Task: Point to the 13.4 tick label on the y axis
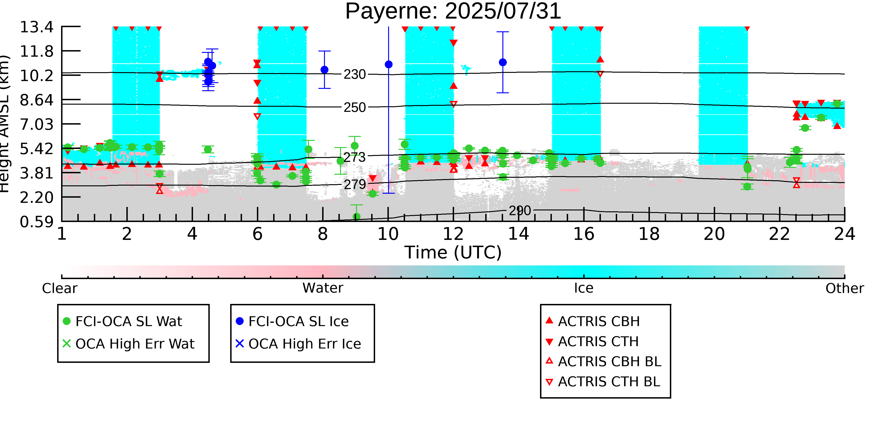pos(36,27)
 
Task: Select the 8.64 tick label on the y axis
pos(36,100)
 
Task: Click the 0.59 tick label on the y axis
pos(36,222)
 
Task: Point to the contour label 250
pos(354,108)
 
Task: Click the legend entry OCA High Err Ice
pos(304,344)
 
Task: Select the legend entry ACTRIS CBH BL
pos(609,362)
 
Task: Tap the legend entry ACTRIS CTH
pos(598,342)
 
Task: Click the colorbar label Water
pos(323,288)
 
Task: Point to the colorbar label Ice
pos(584,288)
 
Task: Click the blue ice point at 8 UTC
pos(324,70)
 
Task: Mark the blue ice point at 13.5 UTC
pos(503,62)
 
